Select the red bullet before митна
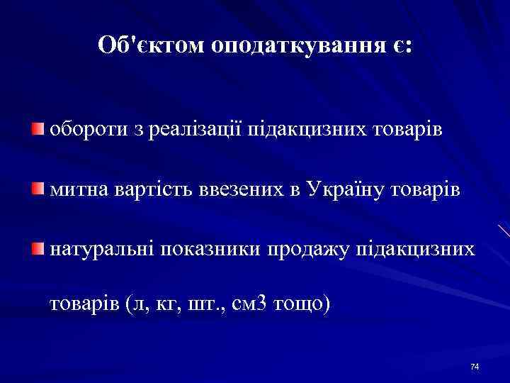tap(37, 189)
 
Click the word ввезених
tap(227, 190)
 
